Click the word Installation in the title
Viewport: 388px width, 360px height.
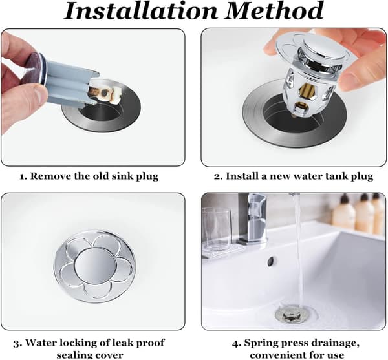tap(141, 10)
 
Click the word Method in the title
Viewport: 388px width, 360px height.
tap(274, 10)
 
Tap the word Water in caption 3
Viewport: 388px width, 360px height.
tap(38, 343)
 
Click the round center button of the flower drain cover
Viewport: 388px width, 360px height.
tap(95, 266)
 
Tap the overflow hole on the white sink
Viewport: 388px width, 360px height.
tap(272, 261)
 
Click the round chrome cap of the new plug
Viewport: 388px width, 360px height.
tap(323, 49)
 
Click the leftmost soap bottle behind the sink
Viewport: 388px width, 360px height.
tap(344, 212)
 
